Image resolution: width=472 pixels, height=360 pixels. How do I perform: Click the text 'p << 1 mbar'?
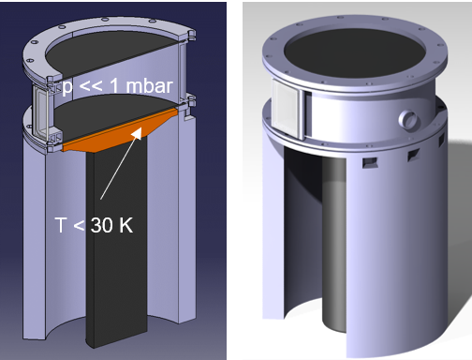[117, 86]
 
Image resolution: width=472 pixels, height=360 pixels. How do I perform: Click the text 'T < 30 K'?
[94, 225]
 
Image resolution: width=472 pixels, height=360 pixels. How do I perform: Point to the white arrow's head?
[138, 132]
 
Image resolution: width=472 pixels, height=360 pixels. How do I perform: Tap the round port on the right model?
[408, 118]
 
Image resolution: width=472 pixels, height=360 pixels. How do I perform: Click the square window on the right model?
[288, 108]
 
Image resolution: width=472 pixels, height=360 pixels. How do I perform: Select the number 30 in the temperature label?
[102, 225]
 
